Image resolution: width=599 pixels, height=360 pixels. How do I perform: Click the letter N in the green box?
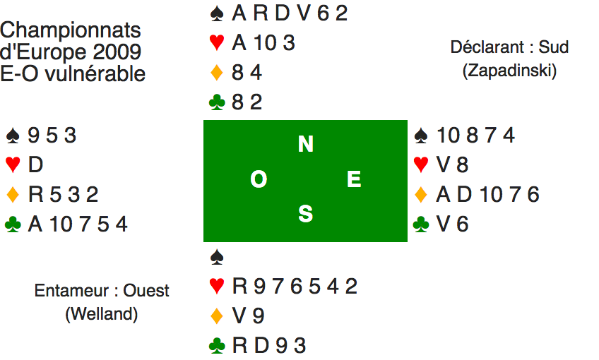[x=305, y=145]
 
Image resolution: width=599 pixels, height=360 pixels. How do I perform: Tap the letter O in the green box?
[x=259, y=181]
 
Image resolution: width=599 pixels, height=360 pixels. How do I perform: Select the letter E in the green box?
[x=354, y=181]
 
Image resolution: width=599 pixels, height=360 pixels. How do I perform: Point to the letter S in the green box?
[x=305, y=214]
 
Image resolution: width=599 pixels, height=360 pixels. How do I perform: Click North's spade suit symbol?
[x=218, y=13]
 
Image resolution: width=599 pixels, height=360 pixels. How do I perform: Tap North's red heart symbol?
[x=218, y=43]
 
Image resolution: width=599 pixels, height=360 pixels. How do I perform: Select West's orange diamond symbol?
[x=13, y=194]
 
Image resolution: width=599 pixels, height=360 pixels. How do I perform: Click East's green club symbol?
[x=421, y=224]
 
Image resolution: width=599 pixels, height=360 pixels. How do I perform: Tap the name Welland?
[x=102, y=315]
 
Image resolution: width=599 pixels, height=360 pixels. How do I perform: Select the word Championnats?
[x=71, y=31]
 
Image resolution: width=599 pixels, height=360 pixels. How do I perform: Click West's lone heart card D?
[x=35, y=164]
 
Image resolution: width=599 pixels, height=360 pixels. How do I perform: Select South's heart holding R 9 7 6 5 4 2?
[x=295, y=286]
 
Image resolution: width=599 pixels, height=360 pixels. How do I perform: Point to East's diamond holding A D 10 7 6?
[x=488, y=194]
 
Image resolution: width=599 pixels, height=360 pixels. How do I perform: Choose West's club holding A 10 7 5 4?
[x=78, y=224]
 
